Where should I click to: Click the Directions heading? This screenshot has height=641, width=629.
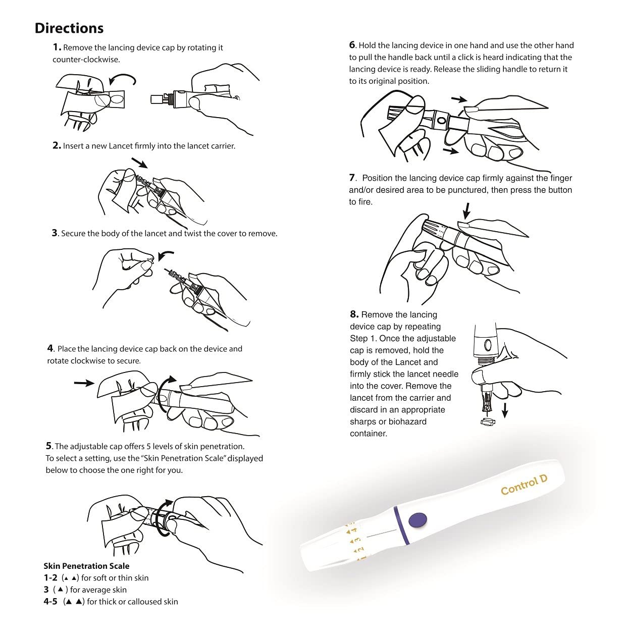(69, 28)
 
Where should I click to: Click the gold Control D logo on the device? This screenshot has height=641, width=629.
(524, 485)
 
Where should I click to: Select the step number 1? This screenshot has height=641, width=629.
(57, 47)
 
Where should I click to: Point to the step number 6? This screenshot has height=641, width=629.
(352, 45)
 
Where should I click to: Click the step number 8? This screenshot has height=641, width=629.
(354, 314)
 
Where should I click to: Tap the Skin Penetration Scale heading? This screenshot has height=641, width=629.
(86, 566)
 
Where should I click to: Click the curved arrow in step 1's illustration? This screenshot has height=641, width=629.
(123, 79)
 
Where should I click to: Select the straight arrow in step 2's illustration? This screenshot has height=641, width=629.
(139, 163)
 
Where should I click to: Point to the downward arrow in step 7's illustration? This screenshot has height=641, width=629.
(467, 211)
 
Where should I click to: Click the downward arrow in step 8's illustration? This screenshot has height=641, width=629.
(505, 410)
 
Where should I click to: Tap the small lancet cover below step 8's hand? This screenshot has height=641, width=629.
(488, 422)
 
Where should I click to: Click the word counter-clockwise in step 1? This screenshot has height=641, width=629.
(86, 60)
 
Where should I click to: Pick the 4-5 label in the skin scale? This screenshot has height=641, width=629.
(50, 602)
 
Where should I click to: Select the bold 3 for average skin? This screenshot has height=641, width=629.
(46, 590)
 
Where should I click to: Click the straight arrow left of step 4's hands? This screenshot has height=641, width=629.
(84, 383)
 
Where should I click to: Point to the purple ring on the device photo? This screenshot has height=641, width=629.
(401, 525)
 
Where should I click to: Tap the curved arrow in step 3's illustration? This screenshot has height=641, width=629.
(166, 255)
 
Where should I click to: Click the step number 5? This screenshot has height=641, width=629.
(49, 446)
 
